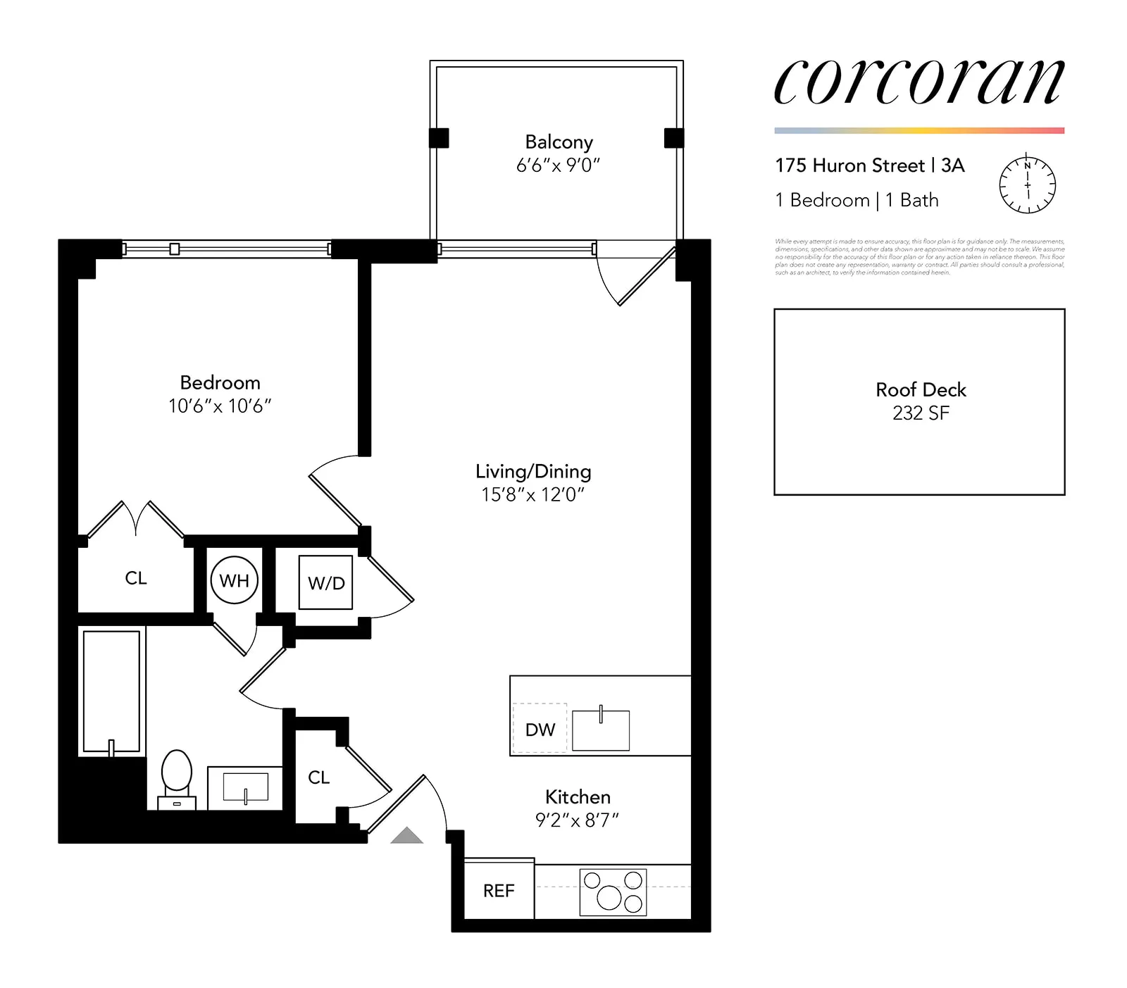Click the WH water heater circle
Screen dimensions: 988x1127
[x=234, y=580]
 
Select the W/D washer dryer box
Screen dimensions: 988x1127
[x=325, y=582]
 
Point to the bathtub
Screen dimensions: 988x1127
[x=111, y=692]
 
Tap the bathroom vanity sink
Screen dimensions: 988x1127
[x=245, y=787]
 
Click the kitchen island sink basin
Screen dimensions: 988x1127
[x=600, y=730]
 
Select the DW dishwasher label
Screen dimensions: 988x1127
[x=540, y=730]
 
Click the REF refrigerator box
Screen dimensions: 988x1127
[x=499, y=890]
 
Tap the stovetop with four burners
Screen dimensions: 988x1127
[x=613, y=892]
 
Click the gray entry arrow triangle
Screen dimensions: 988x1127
[x=406, y=836]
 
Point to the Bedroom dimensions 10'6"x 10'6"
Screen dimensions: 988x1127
[x=220, y=406]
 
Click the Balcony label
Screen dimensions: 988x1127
[x=559, y=142]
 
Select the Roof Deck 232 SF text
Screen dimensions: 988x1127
[x=920, y=401]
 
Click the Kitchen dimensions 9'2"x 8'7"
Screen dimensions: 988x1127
[x=577, y=820]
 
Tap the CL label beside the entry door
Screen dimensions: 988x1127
[x=318, y=777]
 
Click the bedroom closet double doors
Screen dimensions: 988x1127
[x=135, y=519]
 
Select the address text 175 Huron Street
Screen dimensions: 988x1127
[x=849, y=165]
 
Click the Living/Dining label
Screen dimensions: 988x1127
[x=533, y=471]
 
